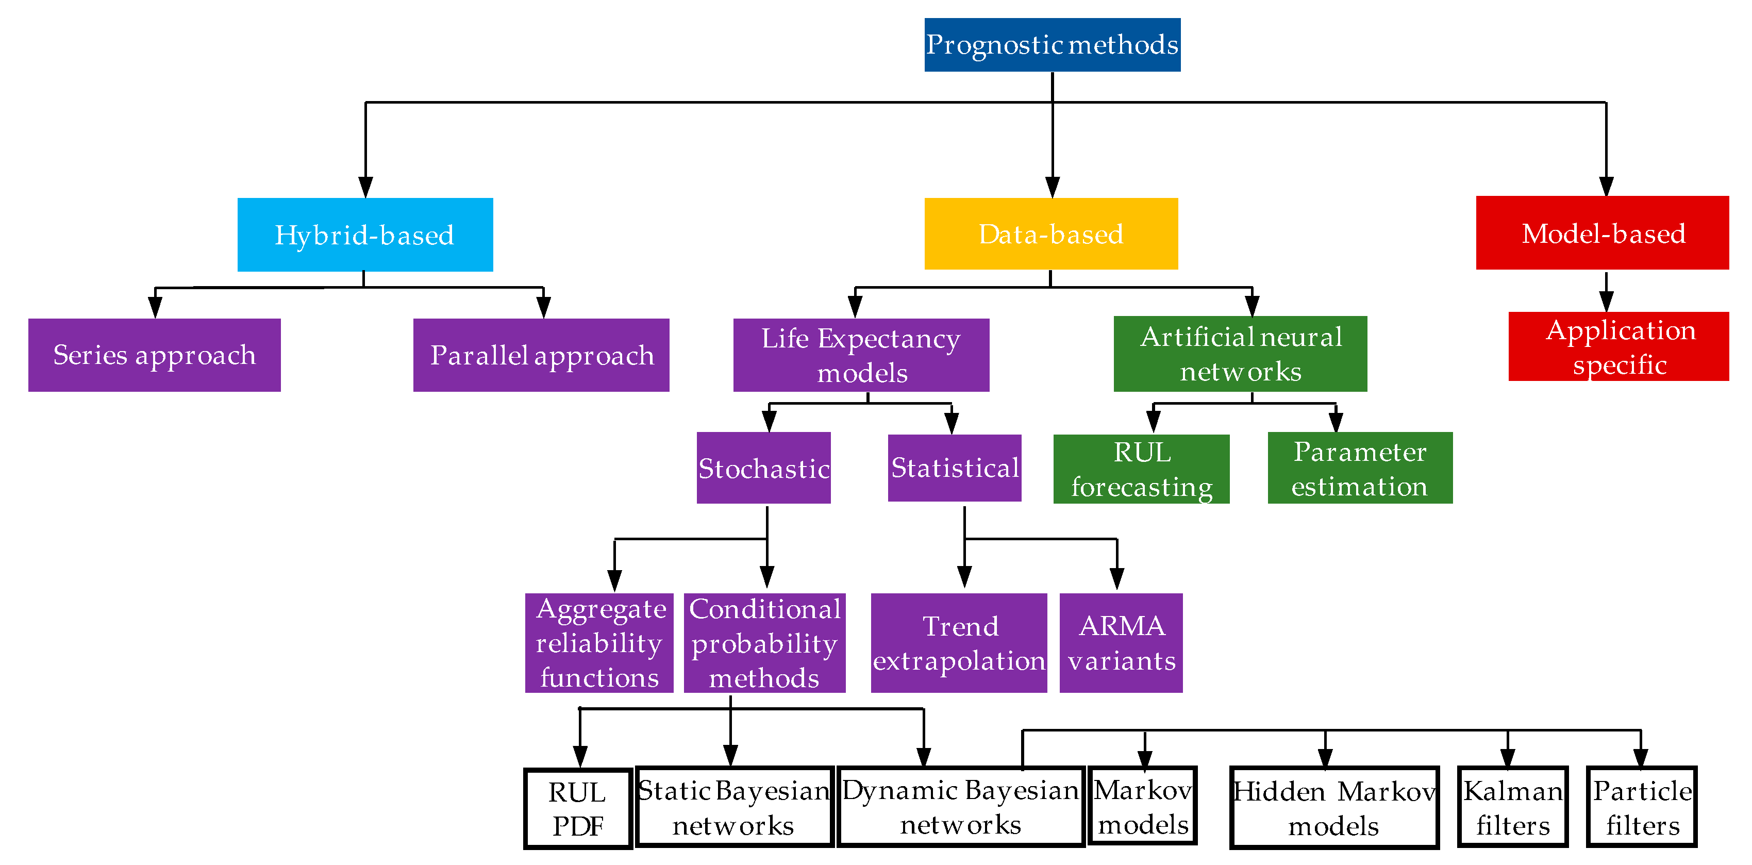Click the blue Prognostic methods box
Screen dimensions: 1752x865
pos(1052,45)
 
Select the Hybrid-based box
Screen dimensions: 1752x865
pos(365,235)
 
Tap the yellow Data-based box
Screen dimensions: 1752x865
pos(1051,234)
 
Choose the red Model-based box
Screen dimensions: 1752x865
pos(1603,232)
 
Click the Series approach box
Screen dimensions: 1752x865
pos(155,355)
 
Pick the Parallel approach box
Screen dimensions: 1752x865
pos(541,355)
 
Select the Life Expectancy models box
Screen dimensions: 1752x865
pos(861,355)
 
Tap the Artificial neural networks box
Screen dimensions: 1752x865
pos(1241,354)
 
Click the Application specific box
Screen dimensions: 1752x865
pos(1618,346)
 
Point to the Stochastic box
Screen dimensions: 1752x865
pos(764,468)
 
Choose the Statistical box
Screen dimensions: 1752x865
pos(955,468)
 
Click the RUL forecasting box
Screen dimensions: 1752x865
pos(1141,469)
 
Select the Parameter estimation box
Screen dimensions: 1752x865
pos(1360,468)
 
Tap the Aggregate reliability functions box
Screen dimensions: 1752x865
pos(599,643)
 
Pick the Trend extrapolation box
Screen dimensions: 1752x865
pos(959,643)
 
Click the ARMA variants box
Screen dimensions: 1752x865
pos(1121,643)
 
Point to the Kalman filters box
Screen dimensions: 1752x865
pos(1513,807)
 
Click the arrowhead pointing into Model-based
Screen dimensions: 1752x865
pos(1607,186)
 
